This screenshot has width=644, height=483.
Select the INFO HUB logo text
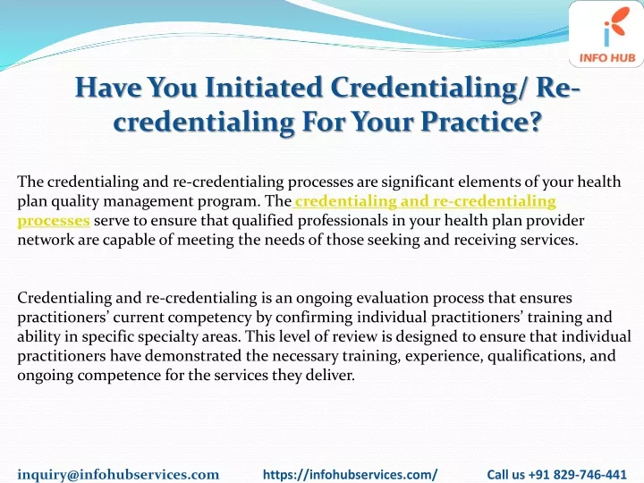coord(607,58)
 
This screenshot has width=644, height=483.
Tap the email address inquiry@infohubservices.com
coord(118,474)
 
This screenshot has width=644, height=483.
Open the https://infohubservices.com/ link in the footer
coord(351,474)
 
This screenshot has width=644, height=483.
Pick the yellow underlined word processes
coord(54,221)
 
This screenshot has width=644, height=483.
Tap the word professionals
coord(343,221)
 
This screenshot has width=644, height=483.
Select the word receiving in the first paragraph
coord(485,240)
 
